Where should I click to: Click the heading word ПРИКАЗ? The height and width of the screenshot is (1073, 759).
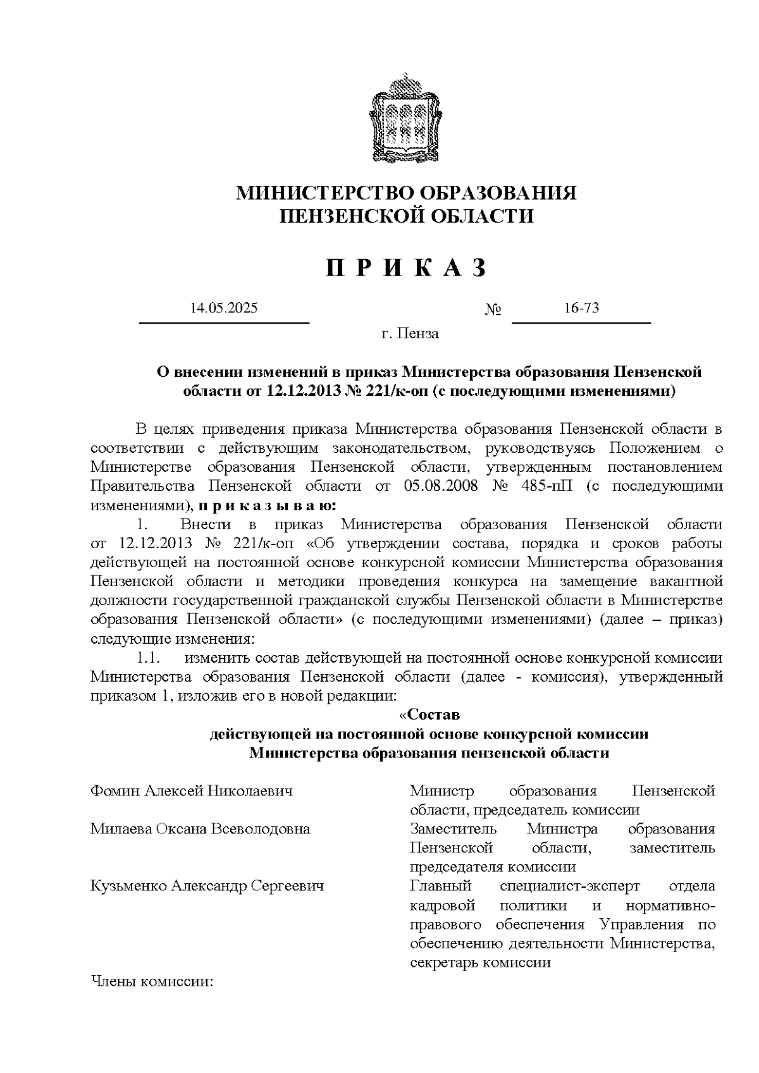(x=407, y=268)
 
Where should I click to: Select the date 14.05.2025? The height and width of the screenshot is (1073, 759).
(x=224, y=309)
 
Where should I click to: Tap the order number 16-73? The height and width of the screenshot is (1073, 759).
(x=581, y=309)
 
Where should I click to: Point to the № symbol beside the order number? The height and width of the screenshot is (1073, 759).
(x=493, y=310)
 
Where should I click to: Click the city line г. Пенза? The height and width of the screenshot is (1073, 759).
(x=410, y=334)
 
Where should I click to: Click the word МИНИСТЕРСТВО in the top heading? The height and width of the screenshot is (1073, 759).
(x=318, y=193)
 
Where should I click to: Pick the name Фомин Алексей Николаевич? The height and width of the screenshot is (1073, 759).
(x=192, y=791)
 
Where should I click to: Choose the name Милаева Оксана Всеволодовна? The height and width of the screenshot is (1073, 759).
(x=201, y=829)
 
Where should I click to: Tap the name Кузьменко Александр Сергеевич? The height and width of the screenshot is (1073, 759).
(x=207, y=886)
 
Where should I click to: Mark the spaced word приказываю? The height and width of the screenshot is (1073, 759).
(x=268, y=506)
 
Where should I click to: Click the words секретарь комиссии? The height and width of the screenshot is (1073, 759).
(x=480, y=963)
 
